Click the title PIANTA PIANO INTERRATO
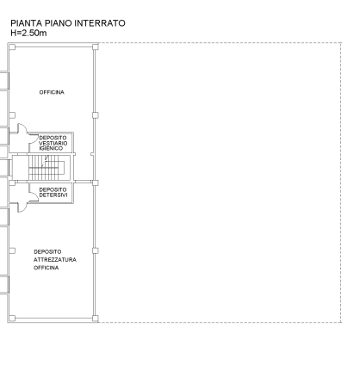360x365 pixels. point(68,23)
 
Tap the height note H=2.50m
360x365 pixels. point(28,33)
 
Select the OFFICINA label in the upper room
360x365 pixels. point(52,92)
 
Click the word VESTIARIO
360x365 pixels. point(53,143)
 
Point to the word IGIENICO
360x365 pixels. point(51,148)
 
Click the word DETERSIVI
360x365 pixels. point(53,195)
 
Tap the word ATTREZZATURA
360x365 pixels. point(55,260)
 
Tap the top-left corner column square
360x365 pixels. point(12,46)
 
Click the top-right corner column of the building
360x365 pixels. point(96,46)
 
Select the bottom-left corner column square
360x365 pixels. point(12,319)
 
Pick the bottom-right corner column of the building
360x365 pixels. point(96,319)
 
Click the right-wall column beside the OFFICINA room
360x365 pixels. point(96,115)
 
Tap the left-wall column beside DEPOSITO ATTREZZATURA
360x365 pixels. point(12,251)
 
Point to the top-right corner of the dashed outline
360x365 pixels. point(341,43)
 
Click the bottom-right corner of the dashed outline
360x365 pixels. point(341,322)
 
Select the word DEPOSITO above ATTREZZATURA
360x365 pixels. point(47,252)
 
